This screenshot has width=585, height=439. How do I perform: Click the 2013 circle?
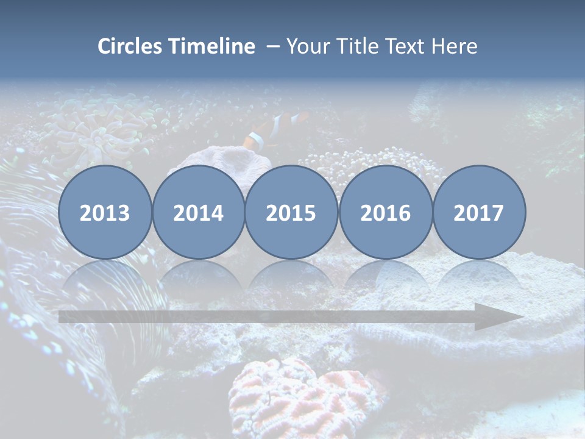105,213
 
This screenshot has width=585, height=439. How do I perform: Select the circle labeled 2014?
198,213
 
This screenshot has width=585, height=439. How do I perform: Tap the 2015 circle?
291,213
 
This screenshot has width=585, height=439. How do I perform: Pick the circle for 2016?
385,213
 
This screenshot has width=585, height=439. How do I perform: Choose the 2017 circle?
479,213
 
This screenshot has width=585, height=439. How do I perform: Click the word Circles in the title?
131,46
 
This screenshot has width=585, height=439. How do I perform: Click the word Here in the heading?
455,46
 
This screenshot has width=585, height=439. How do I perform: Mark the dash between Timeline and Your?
272,46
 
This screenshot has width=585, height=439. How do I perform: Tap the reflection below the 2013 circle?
105,277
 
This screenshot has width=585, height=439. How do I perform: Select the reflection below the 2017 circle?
479,277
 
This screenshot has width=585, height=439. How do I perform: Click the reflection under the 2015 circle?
291,277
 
